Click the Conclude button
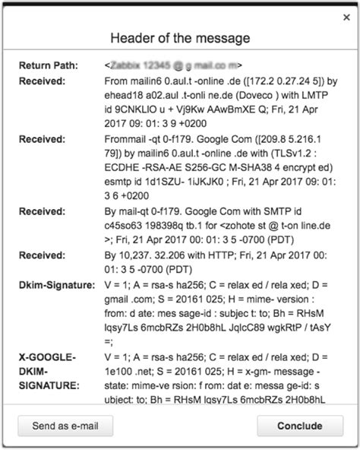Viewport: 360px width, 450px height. tap(299, 426)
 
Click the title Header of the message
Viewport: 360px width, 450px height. tap(180, 38)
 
